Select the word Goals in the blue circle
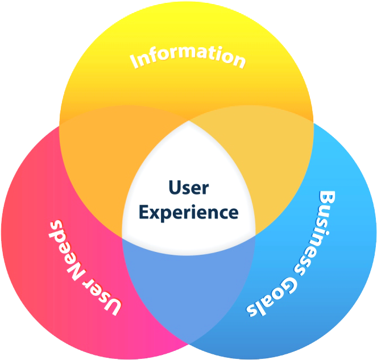[273, 298]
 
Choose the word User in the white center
[189, 187]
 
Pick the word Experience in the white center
[189, 213]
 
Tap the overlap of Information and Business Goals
[273, 165]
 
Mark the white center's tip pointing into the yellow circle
[189, 122]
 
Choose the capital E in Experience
[144, 212]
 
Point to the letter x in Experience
[155, 213]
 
